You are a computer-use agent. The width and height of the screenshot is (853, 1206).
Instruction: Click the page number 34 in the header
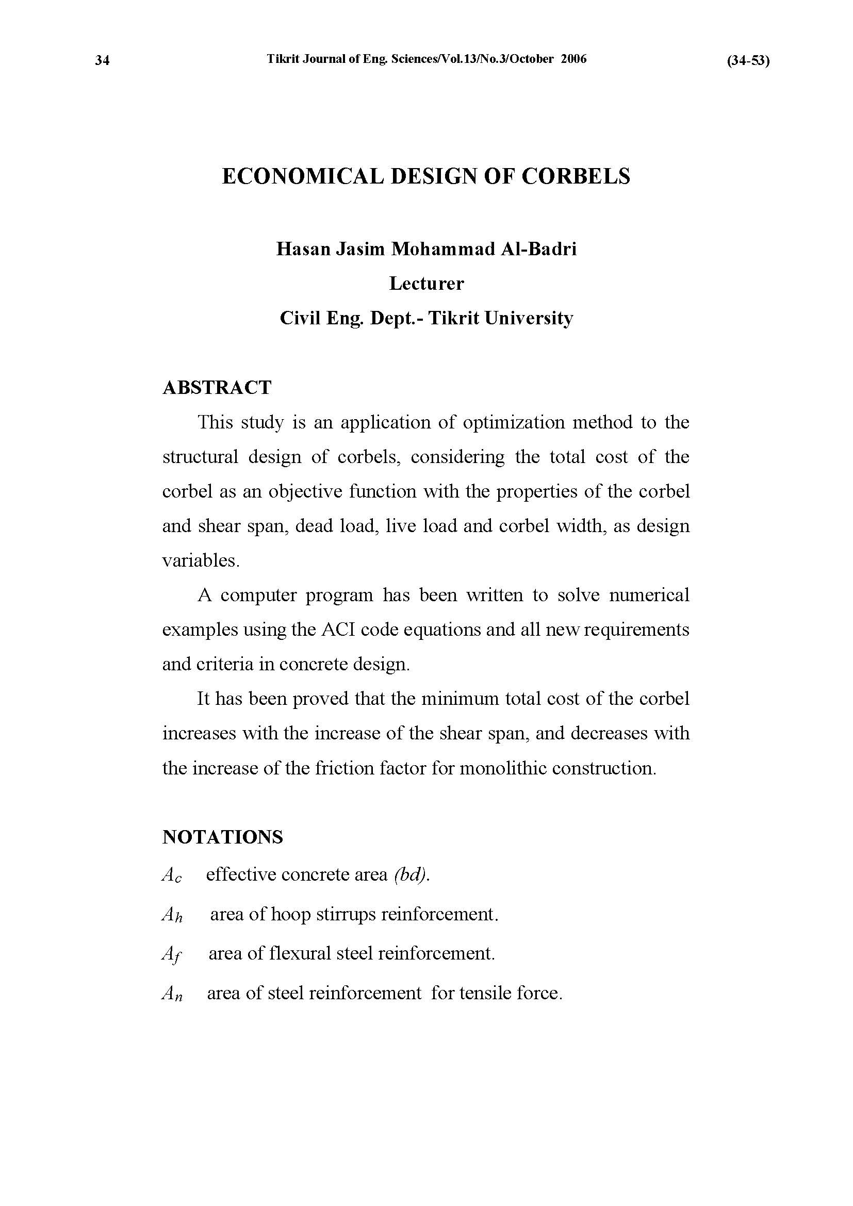click(103, 61)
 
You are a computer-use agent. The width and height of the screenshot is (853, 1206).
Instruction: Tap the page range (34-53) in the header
click(748, 61)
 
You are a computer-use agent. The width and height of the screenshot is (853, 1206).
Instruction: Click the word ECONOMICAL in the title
click(303, 176)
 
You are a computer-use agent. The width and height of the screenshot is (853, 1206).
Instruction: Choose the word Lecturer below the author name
click(426, 284)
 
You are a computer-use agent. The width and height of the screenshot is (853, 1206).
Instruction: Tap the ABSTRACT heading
click(217, 388)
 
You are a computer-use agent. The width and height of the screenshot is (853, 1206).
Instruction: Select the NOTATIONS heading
click(223, 837)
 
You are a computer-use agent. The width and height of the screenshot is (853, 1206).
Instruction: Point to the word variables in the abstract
click(200, 560)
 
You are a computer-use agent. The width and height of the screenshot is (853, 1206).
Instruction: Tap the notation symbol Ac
click(172, 875)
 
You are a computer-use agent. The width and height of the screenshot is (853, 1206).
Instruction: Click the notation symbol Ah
click(172, 915)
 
